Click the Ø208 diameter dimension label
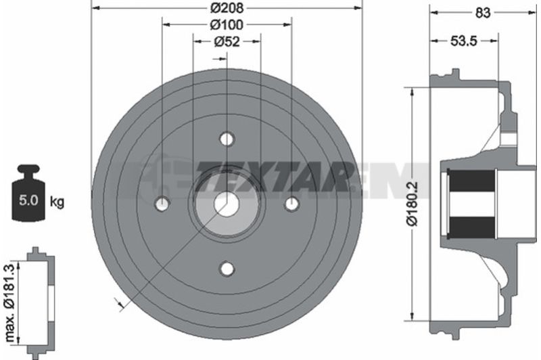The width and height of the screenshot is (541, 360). coord(227,7)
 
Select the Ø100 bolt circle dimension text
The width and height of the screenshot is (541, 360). coord(227,24)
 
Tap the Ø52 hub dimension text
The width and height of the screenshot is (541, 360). coord(227,41)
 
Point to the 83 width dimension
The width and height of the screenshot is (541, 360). coord(482,13)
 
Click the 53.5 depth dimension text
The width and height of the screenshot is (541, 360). coord(464,41)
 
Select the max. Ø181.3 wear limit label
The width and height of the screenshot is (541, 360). coord(9,303)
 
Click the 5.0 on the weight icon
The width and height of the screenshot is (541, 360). coord(28,200)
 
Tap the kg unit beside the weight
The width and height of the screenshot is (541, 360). coord(57,201)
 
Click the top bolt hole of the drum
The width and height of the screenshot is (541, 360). coord(227,139)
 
